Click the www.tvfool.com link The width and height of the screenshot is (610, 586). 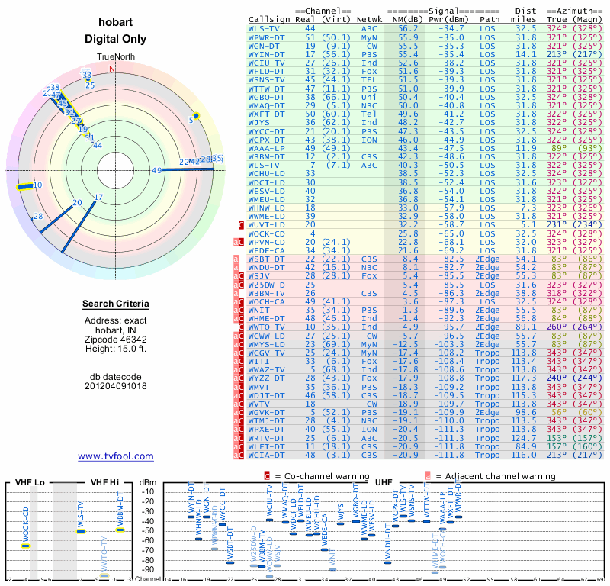click(x=116, y=456)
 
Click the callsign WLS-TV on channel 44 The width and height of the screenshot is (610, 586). click(x=265, y=28)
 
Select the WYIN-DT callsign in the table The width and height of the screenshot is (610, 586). click(x=266, y=54)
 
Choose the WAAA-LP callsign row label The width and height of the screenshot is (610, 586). click(x=266, y=147)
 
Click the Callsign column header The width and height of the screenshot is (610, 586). click(x=270, y=19)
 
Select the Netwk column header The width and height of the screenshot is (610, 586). click(x=369, y=19)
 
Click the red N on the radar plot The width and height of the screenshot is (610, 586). click(x=113, y=68)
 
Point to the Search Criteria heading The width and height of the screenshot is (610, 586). click(x=115, y=304)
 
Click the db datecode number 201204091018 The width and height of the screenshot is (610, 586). click(x=116, y=385)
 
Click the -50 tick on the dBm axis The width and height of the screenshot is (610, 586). click(x=147, y=530)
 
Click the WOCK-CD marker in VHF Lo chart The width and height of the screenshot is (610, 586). click(x=25, y=545)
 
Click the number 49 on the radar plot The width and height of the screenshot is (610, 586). click(x=157, y=170)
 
